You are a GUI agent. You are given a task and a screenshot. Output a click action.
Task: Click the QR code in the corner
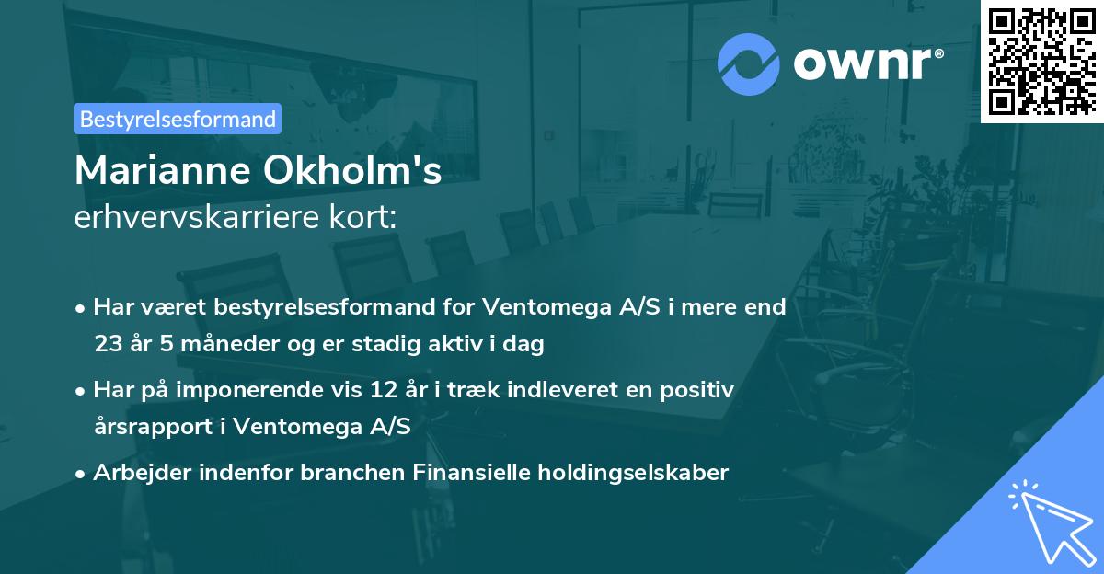[x=1041, y=62]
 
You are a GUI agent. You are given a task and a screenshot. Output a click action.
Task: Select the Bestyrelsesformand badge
[x=178, y=119]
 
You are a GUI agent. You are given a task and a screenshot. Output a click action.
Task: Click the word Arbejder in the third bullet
[x=132, y=473]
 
